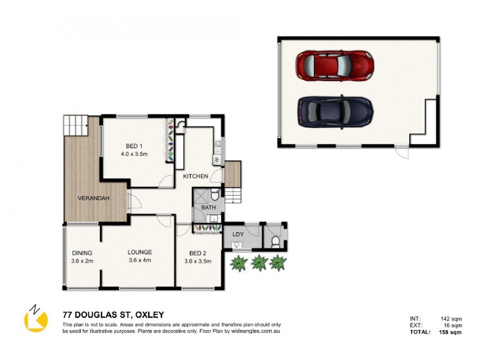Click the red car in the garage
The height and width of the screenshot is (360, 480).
[x=335, y=65]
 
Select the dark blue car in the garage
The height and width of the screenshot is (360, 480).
[x=335, y=111]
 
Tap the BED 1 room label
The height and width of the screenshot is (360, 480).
[x=134, y=146]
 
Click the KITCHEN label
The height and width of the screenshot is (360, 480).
[x=196, y=176]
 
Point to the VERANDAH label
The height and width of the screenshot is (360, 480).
[x=93, y=199]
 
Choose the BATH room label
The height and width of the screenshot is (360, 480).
[x=208, y=208]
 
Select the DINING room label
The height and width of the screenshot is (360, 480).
[x=82, y=252]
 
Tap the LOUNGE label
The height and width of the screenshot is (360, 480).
[x=139, y=252]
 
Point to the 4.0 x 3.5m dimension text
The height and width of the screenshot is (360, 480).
[x=134, y=154]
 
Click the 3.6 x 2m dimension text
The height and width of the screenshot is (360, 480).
[x=82, y=260]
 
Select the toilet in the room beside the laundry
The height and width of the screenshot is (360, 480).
[x=275, y=241]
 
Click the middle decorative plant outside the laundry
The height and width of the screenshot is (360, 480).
[x=259, y=262]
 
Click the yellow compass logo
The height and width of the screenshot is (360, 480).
[x=35, y=319]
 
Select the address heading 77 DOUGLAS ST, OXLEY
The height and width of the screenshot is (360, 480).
[x=113, y=314]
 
